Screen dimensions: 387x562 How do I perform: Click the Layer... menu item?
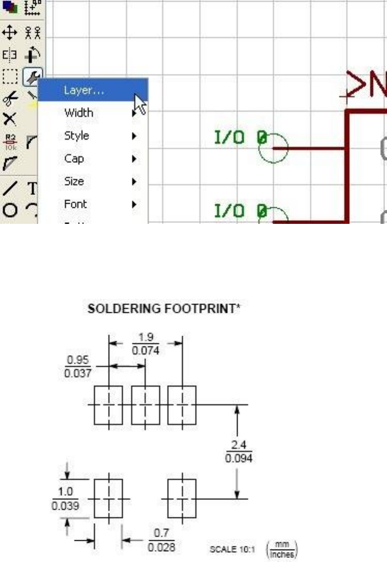click(84, 90)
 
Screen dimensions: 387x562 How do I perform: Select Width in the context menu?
click(79, 113)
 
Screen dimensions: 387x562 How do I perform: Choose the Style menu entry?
click(76, 135)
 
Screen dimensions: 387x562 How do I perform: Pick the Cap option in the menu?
click(74, 159)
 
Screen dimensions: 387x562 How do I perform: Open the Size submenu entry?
click(74, 181)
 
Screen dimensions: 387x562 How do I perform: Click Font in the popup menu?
click(75, 204)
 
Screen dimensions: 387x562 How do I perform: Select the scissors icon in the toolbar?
click(9, 97)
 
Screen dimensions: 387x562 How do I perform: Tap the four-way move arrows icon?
click(9, 34)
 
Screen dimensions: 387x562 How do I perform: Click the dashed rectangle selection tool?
click(9, 77)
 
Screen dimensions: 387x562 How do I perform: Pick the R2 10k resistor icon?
click(9, 141)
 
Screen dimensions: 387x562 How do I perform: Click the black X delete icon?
click(9, 119)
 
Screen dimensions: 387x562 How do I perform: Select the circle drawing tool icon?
click(9, 210)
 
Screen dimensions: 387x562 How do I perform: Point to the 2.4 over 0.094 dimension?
click(238, 451)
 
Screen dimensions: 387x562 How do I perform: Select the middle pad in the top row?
click(145, 404)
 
